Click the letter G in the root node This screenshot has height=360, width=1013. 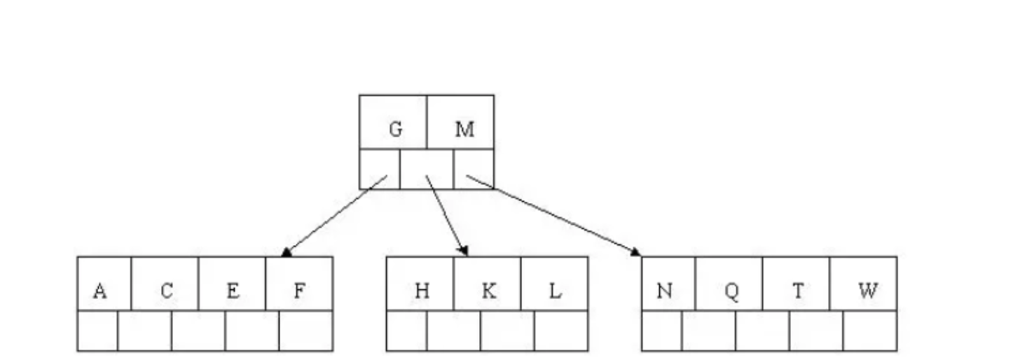[x=395, y=130]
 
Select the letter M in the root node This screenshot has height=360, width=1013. [x=464, y=130]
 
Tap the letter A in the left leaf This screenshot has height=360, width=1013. [x=99, y=291]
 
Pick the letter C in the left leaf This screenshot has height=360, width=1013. [x=166, y=291]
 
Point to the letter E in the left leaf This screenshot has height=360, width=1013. [x=233, y=291]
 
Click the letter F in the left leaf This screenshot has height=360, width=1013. [x=299, y=291]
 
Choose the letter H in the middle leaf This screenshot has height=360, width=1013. [x=422, y=291]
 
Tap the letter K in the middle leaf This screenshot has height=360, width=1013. [x=489, y=291]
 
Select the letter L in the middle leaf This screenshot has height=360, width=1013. [x=555, y=291]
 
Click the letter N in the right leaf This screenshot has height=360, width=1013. [x=665, y=291]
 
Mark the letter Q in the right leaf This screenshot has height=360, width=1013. [x=731, y=291]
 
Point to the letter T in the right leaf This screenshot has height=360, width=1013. [x=798, y=291]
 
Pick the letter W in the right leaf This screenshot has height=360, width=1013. [x=867, y=291]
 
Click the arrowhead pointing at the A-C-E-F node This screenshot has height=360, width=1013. [x=286, y=251]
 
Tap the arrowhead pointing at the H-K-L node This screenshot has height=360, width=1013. [x=463, y=251]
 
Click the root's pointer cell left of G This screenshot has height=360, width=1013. [x=379, y=169]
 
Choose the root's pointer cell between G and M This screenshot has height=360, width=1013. [x=426, y=169]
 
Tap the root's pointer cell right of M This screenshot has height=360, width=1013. [x=474, y=169]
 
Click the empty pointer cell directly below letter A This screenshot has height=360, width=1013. [x=97, y=331]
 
